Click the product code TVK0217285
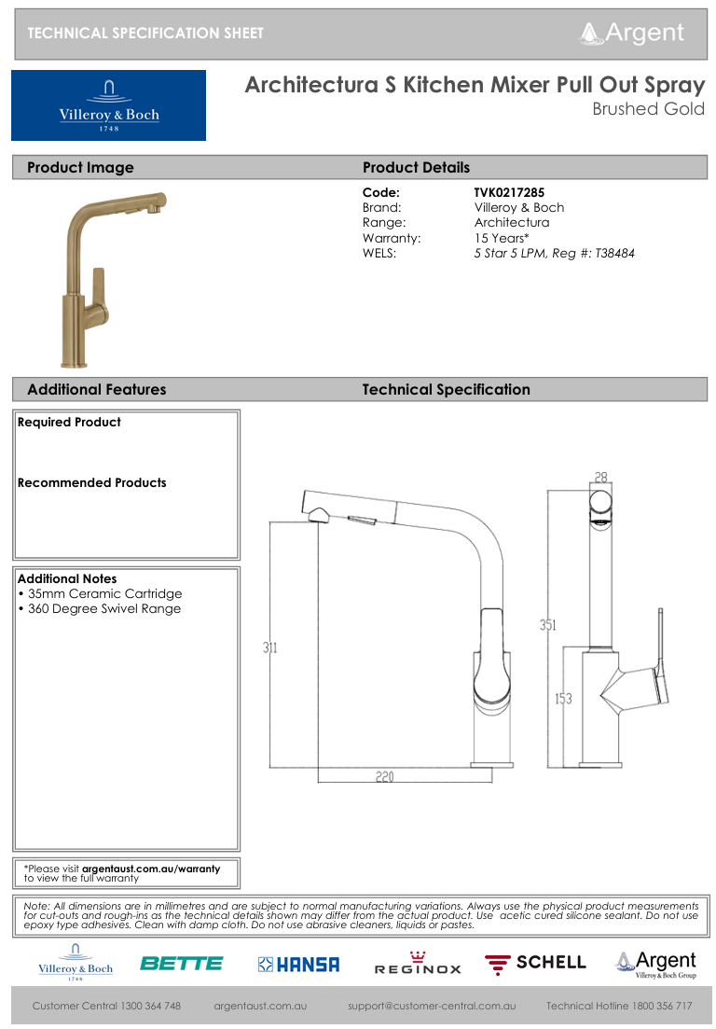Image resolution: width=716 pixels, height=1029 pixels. [x=509, y=193]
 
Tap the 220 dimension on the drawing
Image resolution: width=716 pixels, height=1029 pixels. [x=384, y=776]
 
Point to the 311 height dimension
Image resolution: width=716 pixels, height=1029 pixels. [x=269, y=647]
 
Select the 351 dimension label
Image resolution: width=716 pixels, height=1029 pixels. [x=548, y=625]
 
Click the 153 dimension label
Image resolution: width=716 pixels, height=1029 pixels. [x=563, y=699]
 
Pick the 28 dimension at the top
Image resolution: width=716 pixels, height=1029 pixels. [x=601, y=478]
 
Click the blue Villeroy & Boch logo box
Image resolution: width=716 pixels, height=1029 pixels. [x=109, y=105]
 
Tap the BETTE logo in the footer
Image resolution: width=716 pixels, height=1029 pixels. [x=182, y=964]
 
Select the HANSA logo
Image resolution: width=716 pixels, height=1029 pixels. [x=298, y=965]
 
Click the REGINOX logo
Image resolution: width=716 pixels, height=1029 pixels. [x=418, y=965]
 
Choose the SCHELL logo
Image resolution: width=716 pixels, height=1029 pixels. [x=535, y=963]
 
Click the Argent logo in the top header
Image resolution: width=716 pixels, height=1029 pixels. [x=632, y=33]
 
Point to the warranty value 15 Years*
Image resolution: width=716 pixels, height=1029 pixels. [x=502, y=238]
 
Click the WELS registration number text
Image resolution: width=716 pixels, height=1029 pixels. [x=554, y=253]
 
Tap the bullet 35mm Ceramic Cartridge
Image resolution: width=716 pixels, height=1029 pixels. [x=100, y=593]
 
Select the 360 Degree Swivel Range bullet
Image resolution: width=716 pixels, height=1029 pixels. [x=100, y=608]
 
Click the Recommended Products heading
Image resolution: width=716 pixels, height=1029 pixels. [x=91, y=482]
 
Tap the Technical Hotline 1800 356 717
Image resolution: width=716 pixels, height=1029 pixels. [x=618, y=1006]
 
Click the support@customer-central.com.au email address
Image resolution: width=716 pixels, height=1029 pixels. [x=432, y=1006]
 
